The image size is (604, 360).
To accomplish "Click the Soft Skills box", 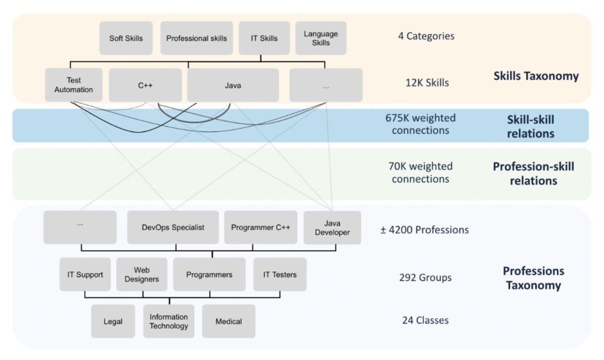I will (x=126, y=38).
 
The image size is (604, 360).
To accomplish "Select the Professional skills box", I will (x=196, y=38).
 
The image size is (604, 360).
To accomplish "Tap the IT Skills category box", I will (x=264, y=38).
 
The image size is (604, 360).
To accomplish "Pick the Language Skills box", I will (x=321, y=38).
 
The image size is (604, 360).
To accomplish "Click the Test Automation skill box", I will (x=73, y=85).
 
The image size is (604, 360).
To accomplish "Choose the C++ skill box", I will (x=145, y=85).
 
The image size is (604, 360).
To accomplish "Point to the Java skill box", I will (x=233, y=85).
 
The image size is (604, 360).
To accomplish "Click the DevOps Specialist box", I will (x=173, y=227).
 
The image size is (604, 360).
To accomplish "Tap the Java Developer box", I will (x=332, y=227).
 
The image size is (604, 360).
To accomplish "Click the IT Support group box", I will (x=85, y=274).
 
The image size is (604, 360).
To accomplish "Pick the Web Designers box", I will (x=141, y=274).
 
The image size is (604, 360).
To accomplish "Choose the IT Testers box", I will (x=280, y=274).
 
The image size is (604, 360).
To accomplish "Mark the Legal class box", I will (x=113, y=321).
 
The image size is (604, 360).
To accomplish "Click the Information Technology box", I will (x=169, y=321).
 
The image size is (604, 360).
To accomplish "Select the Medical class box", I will (x=229, y=321).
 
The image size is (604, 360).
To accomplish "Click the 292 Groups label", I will (x=425, y=277).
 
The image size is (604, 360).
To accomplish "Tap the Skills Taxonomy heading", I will (x=536, y=76).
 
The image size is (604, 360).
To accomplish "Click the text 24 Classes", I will (x=425, y=320).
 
